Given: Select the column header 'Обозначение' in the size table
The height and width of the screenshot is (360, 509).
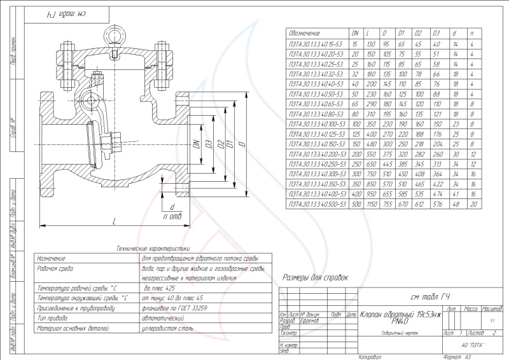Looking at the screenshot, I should point(304,33).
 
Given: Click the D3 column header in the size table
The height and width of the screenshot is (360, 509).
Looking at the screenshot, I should point(436,33).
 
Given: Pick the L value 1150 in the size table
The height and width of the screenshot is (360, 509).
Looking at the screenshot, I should point(370,204).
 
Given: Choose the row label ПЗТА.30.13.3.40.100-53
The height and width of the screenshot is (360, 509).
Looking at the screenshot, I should point(316,124).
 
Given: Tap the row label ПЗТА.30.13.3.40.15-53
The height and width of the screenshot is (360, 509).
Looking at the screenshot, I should point(316,45).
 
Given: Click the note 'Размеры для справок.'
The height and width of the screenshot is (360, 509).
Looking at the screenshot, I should point(316,278).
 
